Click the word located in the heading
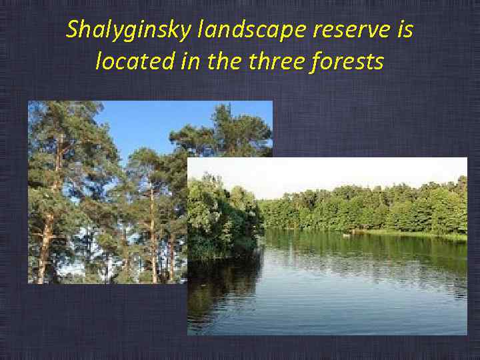tap(132, 62)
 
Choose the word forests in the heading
tap(351, 62)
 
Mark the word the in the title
tap(224, 62)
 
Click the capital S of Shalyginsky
tap(73, 31)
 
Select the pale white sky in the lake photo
tap(333, 173)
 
